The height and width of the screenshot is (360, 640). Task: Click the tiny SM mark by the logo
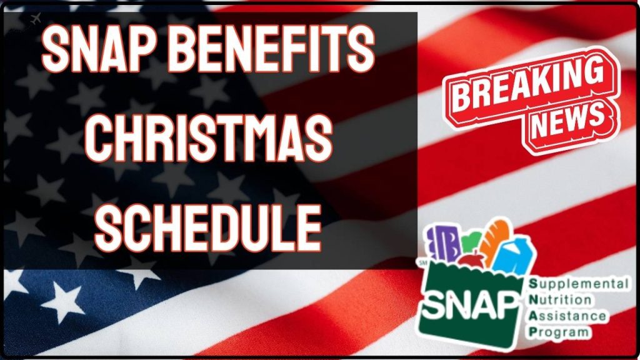coord(426,263)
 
